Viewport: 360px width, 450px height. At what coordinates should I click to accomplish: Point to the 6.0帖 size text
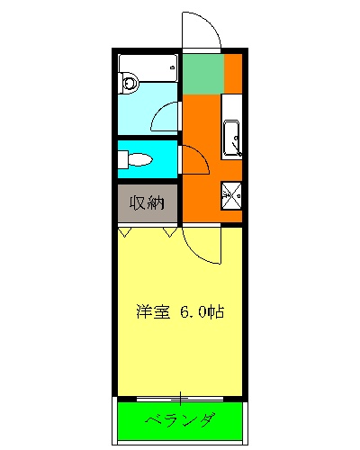point(200,312)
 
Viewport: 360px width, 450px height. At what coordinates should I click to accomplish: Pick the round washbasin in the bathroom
point(128,84)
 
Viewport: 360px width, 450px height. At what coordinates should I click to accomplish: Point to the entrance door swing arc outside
point(203,31)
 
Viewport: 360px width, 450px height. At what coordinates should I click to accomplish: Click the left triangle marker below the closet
point(126,232)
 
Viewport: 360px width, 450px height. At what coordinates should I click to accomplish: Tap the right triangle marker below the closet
point(169,232)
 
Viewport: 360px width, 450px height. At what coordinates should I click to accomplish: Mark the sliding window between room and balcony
point(180,397)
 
